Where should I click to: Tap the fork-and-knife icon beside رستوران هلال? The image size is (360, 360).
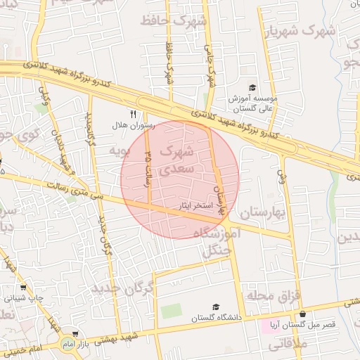pyautogui.click(x=131, y=114)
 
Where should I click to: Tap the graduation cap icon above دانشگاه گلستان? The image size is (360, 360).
pyautogui.click(x=216, y=307)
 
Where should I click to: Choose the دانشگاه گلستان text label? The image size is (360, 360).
pyautogui.click(x=216, y=318)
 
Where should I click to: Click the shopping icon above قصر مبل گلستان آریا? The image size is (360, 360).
pyautogui.click(x=302, y=314)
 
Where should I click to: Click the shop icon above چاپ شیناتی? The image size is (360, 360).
pyautogui.click(x=22, y=287)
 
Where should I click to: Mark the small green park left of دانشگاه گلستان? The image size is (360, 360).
pyautogui.click(x=171, y=310)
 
